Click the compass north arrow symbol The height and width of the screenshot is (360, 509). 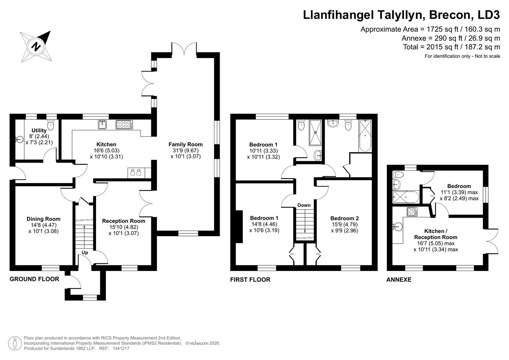tap(36, 46)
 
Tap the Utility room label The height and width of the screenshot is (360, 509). tap(39, 130)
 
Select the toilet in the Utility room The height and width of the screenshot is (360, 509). tap(51, 125)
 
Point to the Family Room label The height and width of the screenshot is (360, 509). tap(185, 144)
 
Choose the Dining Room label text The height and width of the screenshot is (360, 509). tap(43, 219)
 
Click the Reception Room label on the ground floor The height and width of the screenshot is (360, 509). tap(123, 221)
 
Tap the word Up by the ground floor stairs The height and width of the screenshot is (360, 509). tap(85, 253)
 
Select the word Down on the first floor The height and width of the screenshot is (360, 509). tap(304, 205)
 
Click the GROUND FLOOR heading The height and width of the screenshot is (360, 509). tap(34, 279)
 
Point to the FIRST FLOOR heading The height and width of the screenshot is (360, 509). tap(250, 280)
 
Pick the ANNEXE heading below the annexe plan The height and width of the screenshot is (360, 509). tap(399, 280)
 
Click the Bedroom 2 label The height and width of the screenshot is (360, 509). tap(344, 218)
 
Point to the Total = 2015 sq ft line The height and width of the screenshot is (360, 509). tap(451, 47)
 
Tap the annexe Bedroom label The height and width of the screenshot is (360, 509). tap(459, 186)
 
